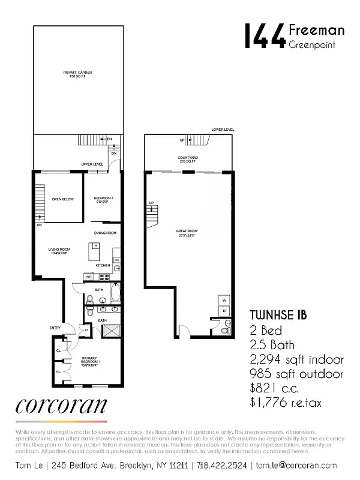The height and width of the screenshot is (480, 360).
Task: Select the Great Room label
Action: point(187,232)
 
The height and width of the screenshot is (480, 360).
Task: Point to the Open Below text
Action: point(62,199)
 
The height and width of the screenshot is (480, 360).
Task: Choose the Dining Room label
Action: point(104,233)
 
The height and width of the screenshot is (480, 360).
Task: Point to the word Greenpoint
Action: point(311,44)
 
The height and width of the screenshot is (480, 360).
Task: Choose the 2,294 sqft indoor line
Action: point(296,359)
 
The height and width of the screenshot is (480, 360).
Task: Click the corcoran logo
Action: point(62,406)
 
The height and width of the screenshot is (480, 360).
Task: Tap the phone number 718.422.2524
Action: point(223,465)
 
